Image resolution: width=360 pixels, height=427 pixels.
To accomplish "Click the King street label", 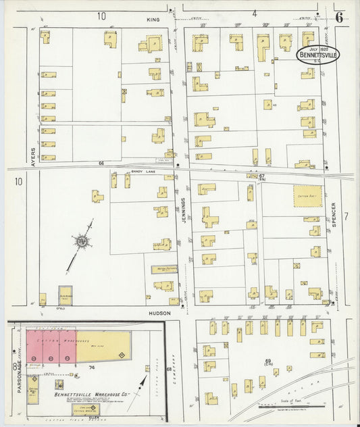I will pos(153,20).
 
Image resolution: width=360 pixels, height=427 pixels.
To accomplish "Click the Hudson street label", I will pos(159,313).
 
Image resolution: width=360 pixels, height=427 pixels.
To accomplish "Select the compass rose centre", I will pos(81,241).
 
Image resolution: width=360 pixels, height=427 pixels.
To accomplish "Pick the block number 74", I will pos(91,368).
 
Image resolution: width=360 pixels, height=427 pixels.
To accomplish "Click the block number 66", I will pos(101,164).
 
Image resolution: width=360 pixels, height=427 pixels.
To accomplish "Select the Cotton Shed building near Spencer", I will pos(307,197).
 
